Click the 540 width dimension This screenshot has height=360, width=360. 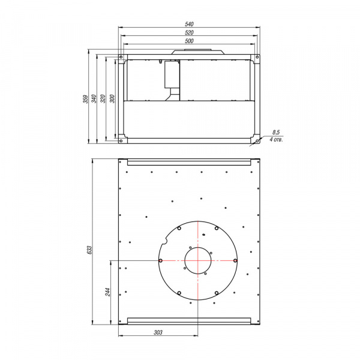tap(189, 24)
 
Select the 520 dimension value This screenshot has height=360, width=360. tap(189, 32)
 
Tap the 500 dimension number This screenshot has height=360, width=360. tap(189, 41)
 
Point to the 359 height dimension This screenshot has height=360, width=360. tap(85, 99)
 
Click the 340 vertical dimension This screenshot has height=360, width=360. tap(94, 99)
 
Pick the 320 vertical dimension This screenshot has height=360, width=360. tap(103, 99)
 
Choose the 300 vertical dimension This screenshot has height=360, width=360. tap(112, 99)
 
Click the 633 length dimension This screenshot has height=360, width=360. tap(89, 250)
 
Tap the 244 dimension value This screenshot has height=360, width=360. tap(107, 292)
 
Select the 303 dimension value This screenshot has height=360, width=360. tap(158, 332)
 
